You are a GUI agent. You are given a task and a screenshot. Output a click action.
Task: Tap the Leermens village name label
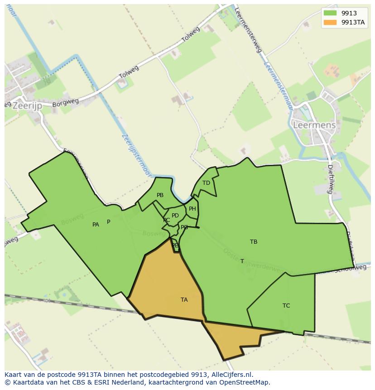click(314, 125)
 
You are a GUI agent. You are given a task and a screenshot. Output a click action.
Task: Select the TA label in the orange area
click(184, 300)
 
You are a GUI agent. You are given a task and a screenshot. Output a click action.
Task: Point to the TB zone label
click(254, 242)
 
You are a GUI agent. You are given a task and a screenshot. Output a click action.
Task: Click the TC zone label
click(286, 306)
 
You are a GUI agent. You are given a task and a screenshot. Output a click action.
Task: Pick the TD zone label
click(206, 183)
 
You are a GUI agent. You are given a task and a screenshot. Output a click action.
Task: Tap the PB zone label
click(160, 195)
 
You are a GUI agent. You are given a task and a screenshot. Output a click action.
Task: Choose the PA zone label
click(96, 225)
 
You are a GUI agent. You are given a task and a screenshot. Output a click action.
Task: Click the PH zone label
click(192, 209)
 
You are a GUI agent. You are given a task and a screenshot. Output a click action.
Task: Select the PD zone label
click(175, 216)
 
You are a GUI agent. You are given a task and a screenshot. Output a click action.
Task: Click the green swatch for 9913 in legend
click(330, 13)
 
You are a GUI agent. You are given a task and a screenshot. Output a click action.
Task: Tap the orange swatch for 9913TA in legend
click(330, 22)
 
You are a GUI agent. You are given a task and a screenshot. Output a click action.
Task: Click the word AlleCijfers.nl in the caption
click(229, 375)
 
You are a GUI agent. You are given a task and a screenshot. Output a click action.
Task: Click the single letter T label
click(242, 261)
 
